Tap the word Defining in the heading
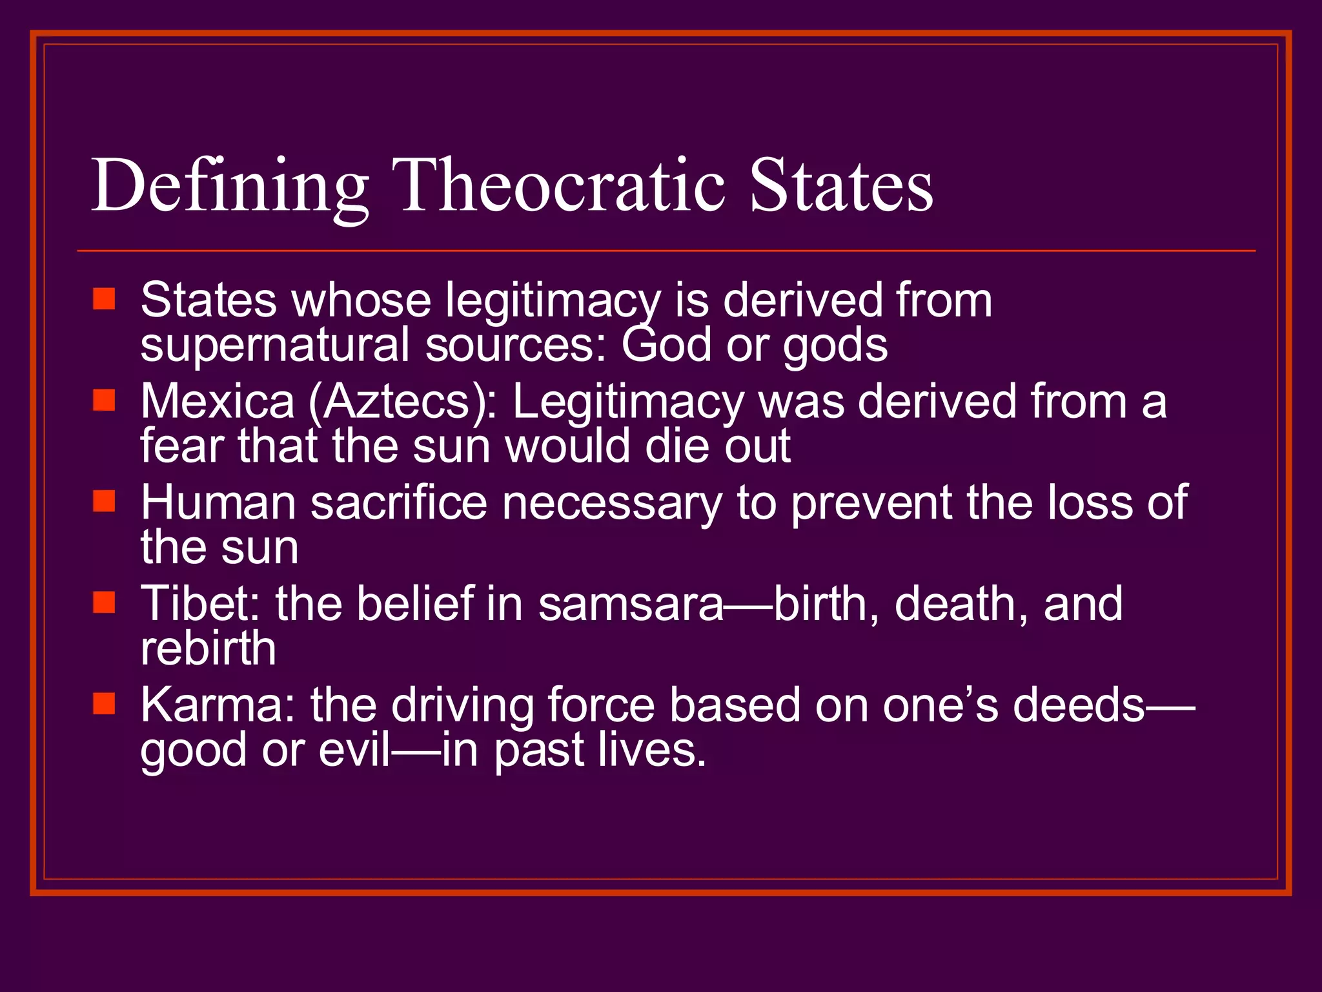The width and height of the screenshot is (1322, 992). (230, 187)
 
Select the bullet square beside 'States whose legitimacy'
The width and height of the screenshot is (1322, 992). (104, 300)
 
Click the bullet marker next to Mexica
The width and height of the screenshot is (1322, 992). (104, 400)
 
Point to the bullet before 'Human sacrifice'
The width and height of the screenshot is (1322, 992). (104, 501)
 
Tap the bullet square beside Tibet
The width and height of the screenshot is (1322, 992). (104, 602)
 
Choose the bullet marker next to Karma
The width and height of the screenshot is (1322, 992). (104, 703)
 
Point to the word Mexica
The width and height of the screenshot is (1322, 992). (218, 401)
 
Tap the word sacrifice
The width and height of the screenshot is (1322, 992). (398, 502)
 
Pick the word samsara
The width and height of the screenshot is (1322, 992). (631, 604)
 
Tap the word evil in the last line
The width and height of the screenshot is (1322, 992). (354, 750)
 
